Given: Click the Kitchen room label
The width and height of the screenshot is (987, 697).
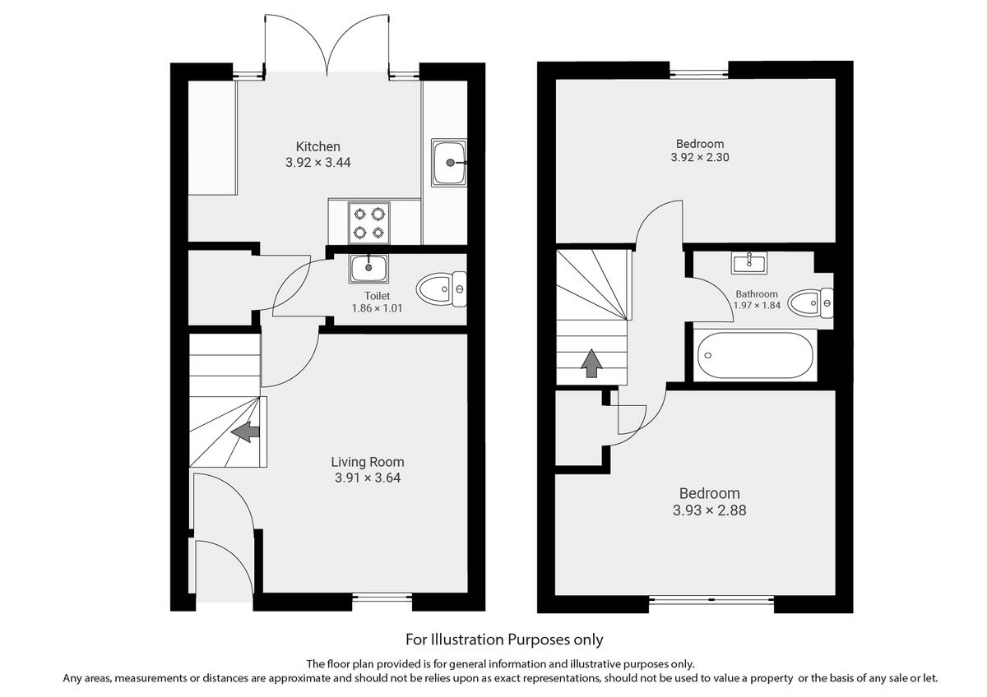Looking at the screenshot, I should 318,146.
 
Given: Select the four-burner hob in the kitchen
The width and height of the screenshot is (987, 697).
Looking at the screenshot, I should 368,223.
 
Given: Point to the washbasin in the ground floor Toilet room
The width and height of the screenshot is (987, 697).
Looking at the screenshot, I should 368,266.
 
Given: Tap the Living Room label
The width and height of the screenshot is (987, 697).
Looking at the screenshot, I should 368,462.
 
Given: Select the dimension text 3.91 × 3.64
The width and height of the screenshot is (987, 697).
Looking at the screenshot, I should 368,478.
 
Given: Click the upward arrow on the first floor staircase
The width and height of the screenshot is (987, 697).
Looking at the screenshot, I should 591,362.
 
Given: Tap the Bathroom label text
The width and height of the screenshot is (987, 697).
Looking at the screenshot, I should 757,293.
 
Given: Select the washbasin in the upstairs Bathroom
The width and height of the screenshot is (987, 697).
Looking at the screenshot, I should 749,263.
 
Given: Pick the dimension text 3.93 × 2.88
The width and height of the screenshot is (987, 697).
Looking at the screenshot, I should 709,510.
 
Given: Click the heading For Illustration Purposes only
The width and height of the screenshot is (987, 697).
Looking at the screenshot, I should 504,639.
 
